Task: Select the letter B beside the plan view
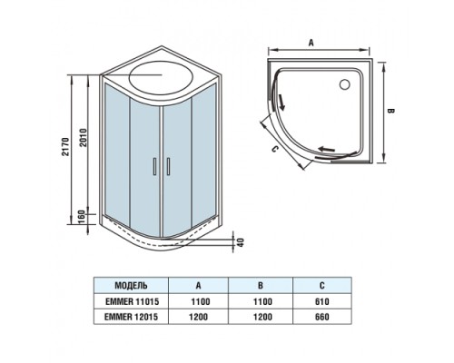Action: pyautogui.click(x=390, y=111)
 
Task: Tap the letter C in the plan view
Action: pyautogui.click(x=275, y=150)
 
